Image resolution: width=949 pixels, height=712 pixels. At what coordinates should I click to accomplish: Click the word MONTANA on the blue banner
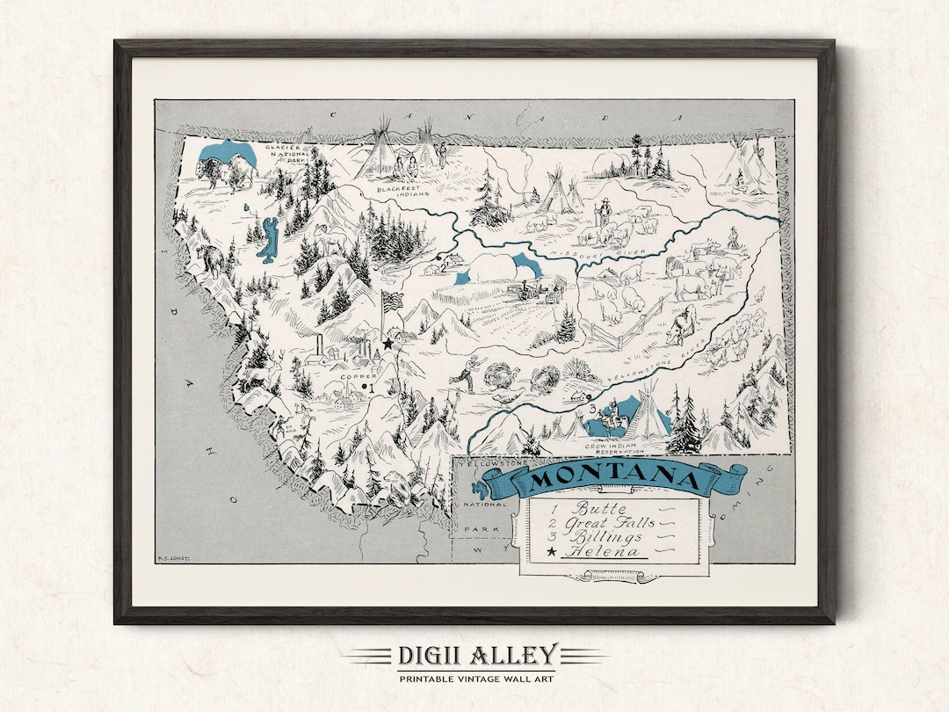(614, 480)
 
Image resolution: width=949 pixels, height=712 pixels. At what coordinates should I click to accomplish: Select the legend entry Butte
(601, 507)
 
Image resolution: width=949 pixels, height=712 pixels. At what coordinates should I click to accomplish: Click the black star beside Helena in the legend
(552, 552)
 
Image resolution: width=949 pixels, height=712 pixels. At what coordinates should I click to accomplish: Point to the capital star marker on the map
(387, 344)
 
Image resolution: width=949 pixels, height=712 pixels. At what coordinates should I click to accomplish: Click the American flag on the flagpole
(392, 301)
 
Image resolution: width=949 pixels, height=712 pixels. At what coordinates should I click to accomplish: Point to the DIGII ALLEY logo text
(475, 655)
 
